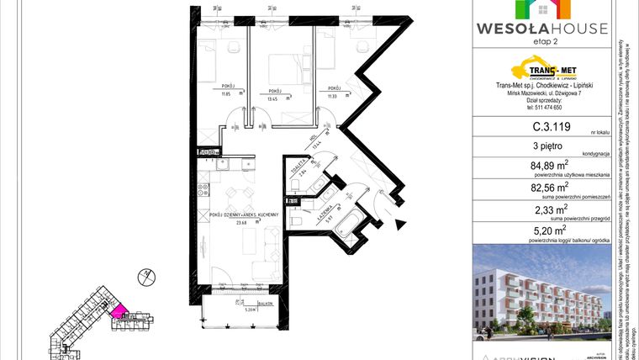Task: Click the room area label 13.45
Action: pos(272,98)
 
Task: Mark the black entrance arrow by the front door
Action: pos(401,223)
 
